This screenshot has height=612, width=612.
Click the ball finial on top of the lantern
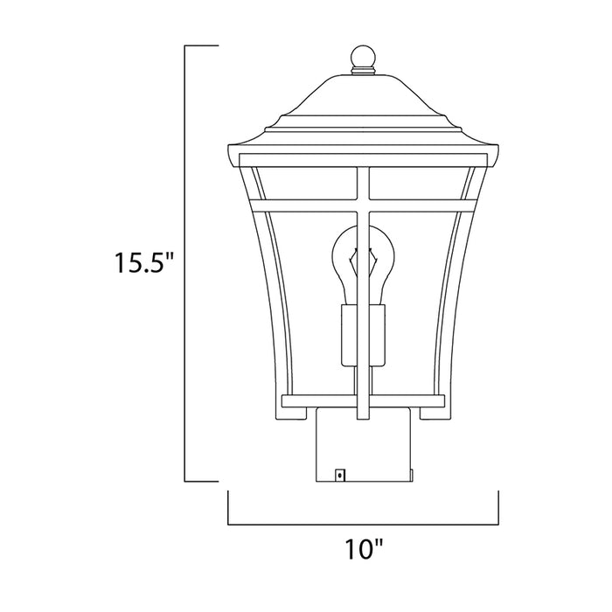coord(362,57)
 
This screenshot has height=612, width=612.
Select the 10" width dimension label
coord(363,551)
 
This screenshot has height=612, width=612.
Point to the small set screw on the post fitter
coord(339,475)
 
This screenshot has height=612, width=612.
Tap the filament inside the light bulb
coord(362,262)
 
